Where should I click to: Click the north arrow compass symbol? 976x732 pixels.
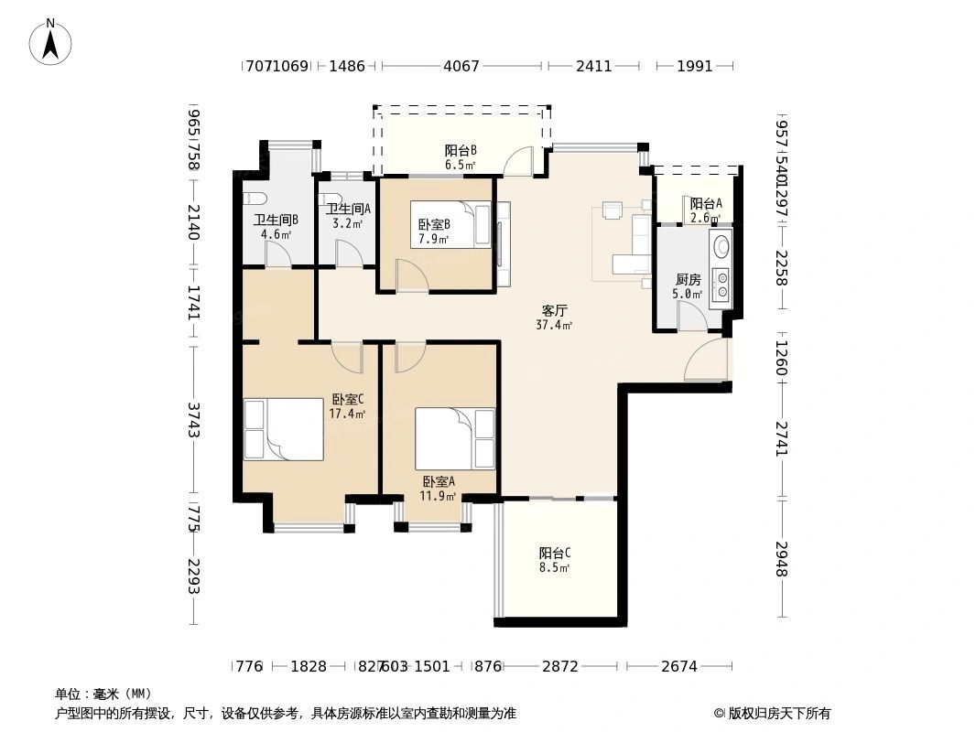[x=52, y=42]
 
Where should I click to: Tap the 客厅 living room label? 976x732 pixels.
[x=554, y=310]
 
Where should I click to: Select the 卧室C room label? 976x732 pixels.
[x=348, y=399]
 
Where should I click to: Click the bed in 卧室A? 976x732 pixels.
[x=454, y=438]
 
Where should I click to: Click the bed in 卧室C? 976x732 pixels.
[x=283, y=429]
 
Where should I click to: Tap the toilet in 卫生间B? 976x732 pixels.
[x=254, y=199]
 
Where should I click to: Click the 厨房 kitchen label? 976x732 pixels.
[x=688, y=279]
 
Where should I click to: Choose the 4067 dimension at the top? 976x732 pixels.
[x=461, y=66]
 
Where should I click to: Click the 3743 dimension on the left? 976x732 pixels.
[x=193, y=419]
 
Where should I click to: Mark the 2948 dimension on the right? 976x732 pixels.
[x=782, y=558]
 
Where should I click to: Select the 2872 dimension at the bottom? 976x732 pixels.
[x=559, y=666]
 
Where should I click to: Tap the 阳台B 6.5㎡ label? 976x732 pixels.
[x=461, y=157]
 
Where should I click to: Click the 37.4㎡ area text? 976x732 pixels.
[x=554, y=325]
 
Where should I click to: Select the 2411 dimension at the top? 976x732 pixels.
[x=593, y=66]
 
